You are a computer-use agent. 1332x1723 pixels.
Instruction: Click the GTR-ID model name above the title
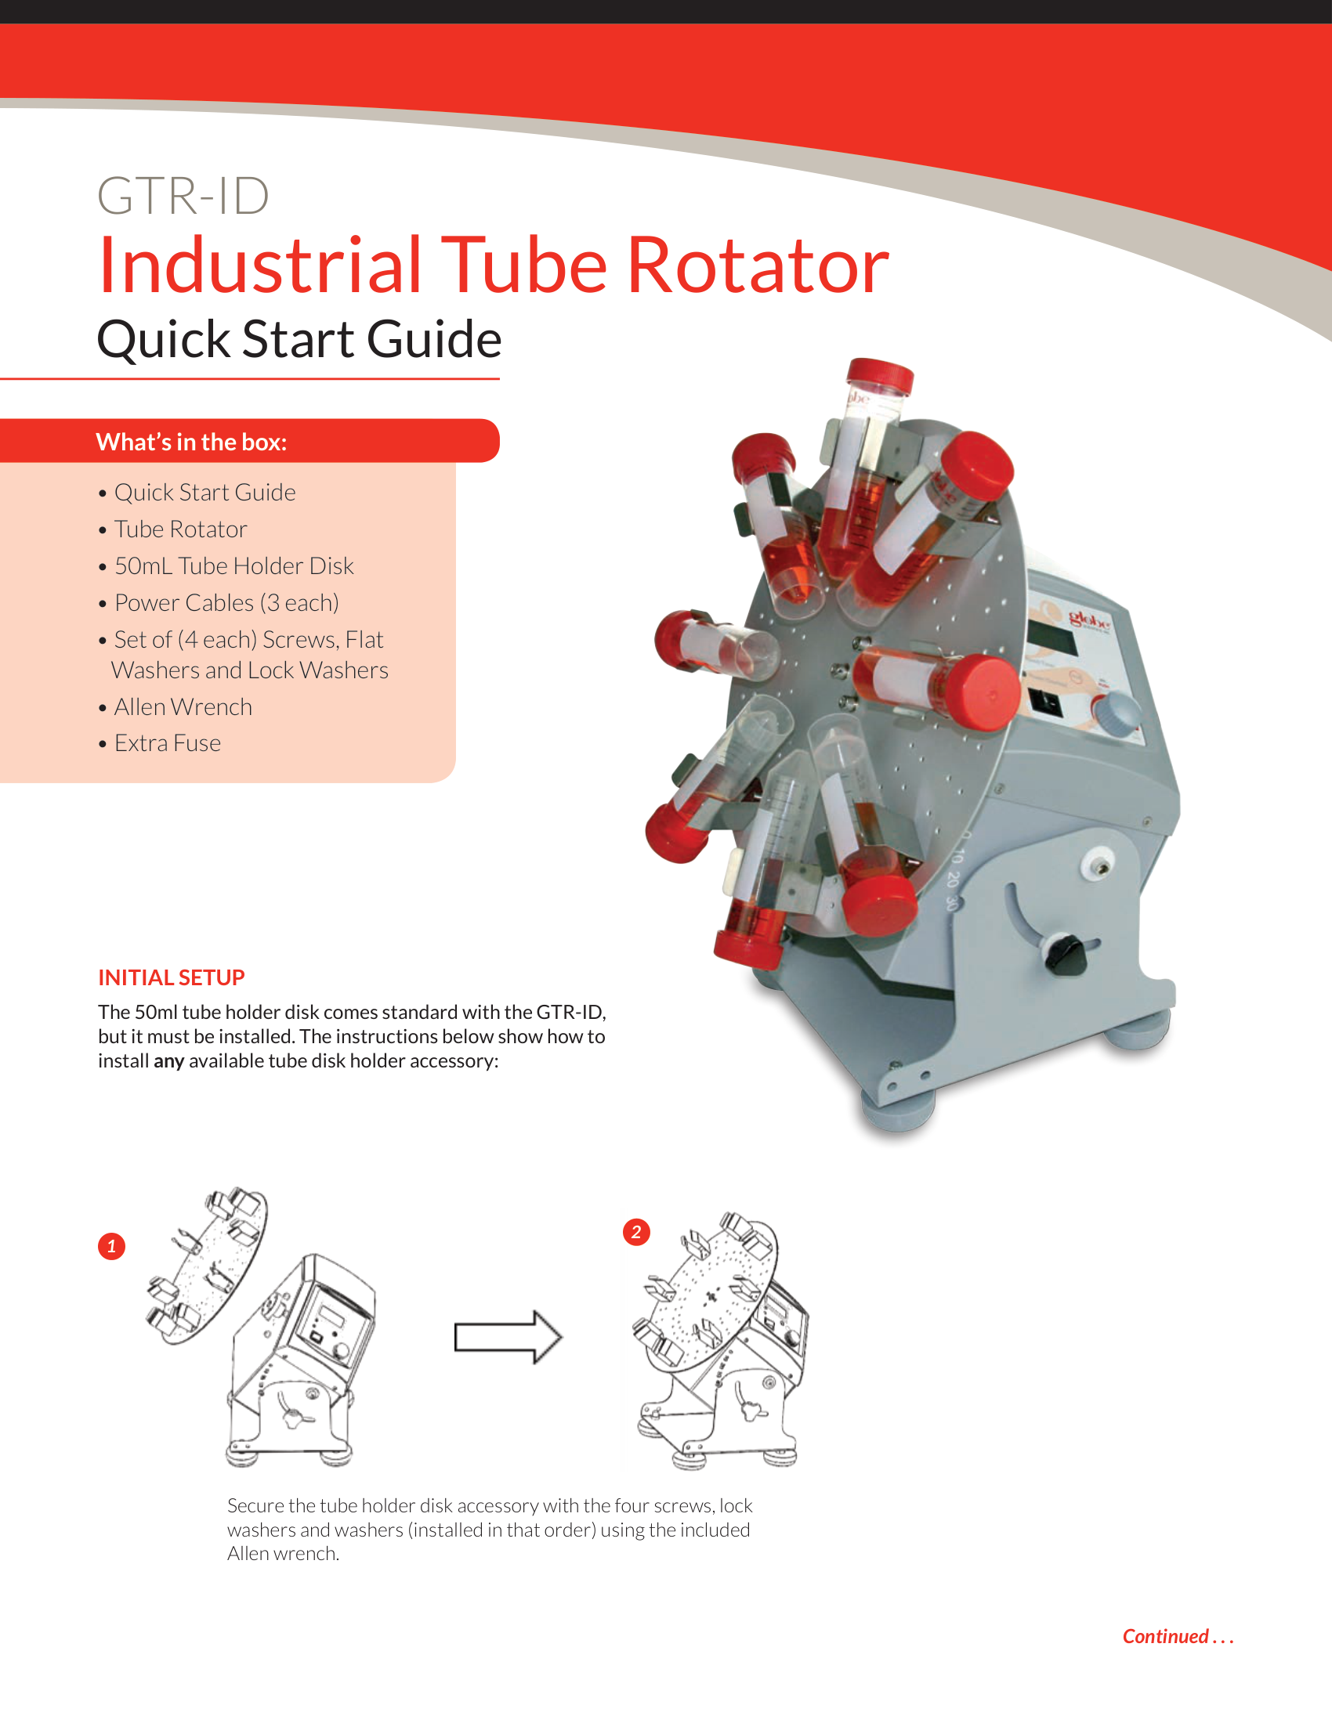click(x=183, y=196)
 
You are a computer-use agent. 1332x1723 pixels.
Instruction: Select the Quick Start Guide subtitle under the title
click(x=299, y=339)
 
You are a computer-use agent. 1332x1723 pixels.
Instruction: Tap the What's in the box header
click(x=191, y=442)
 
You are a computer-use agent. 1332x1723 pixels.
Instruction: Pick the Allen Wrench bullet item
click(x=183, y=707)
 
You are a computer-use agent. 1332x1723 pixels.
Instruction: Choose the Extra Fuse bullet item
click(x=168, y=743)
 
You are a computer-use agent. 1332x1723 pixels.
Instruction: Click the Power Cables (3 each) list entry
click(x=226, y=603)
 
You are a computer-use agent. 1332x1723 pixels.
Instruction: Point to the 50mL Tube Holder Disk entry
click(x=233, y=565)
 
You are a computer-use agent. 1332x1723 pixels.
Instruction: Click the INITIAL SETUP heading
click(x=172, y=977)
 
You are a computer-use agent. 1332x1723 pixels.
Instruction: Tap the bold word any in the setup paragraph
click(x=169, y=1061)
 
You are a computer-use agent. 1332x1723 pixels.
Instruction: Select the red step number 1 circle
click(x=111, y=1247)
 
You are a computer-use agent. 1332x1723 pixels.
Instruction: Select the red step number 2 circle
click(x=636, y=1232)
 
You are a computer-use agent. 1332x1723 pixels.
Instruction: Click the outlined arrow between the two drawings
click(x=509, y=1337)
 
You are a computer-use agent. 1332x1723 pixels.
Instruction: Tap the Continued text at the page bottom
click(x=1178, y=1636)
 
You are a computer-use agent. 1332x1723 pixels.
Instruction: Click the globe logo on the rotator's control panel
click(x=1089, y=620)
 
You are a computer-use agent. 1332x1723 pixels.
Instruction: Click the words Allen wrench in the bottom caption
click(x=283, y=1553)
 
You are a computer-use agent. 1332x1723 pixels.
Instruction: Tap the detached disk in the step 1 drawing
click(x=208, y=1266)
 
